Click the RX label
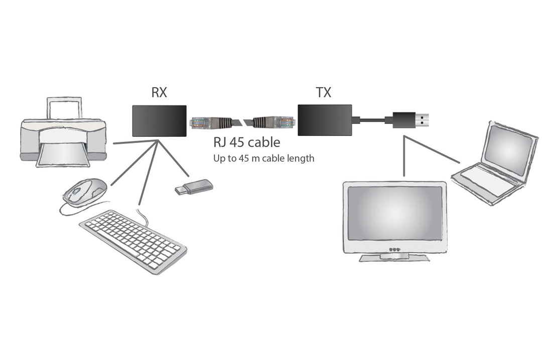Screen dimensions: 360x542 click(159, 93)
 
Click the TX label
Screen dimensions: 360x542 click(323, 93)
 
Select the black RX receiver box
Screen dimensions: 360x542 click(159, 120)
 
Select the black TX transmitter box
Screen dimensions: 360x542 click(324, 120)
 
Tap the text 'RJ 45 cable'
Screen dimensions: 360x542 click(246, 143)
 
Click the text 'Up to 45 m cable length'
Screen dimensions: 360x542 click(264, 158)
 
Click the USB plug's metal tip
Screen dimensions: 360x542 click(424, 120)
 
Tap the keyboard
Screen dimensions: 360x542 click(133, 241)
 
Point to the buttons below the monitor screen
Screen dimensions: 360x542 click(394, 249)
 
